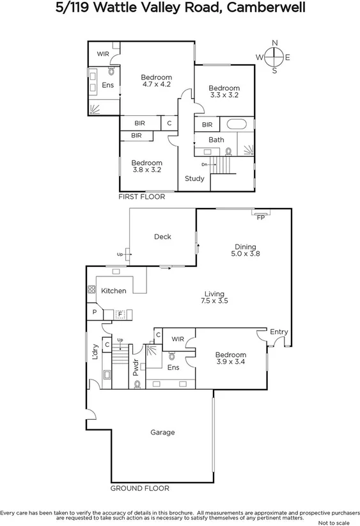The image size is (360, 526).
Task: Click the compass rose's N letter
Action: pyautogui.click(x=275, y=43)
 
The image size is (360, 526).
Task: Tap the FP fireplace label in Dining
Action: pyautogui.click(x=260, y=218)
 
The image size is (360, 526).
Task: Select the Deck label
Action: pyautogui.click(x=162, y=237)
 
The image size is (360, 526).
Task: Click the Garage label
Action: pyautogui.click(x=162, y=433)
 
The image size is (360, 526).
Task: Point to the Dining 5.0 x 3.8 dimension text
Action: pyautogui.click(x=245, y=254)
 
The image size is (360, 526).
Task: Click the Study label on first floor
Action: pyautogui.click(x=194, y=179)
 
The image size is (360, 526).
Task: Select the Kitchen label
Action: pyautogui.click(x=114, y=291)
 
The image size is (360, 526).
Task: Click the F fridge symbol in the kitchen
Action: pyautogui.click(x=119, y=314)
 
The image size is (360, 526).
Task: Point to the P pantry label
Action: pyautogui.click(x=94, y=313)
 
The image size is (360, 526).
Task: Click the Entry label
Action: pyautogui.click(x=279, y=332)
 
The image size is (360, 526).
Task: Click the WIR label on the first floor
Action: pyautogui.click(x=103, y=54)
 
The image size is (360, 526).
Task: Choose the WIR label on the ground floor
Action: pyautogui.click(x=178, y=339)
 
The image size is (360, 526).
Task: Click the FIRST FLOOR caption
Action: pyautogui.click(x=142, y=197)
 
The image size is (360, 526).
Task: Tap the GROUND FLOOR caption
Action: pyautogui.click(x=140, y=488)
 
